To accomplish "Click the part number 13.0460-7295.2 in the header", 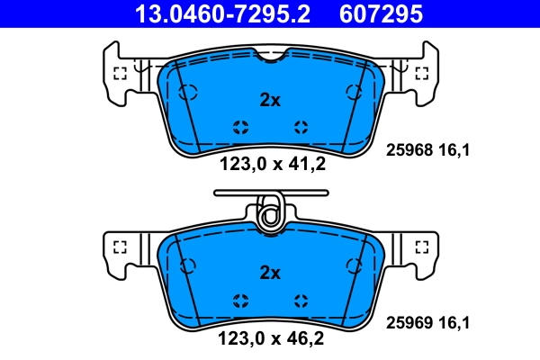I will pyautogui.click(x=208, y=14).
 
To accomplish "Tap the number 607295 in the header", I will pyautogui.click(x=377, y=14).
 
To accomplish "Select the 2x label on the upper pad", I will pyautogui.click(x=270, y=101).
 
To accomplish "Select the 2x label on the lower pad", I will pyautogui.click(x=270, y=273).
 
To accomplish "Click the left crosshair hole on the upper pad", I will pyautogui.click(x=240, y=127).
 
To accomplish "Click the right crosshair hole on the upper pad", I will pyautogui.click(x=300, y=127).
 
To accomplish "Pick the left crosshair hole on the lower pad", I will pyautogui.click(x=240, y=300).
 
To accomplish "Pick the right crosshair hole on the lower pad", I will pyautogui.click(x=300, y=300).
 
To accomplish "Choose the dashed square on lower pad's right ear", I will pyautogui.click(x=420, y=247).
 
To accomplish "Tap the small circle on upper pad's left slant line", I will pyautogui.click(x=187, y=92).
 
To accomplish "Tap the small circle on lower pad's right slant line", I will pyautogui.click(x=353, y=265).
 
